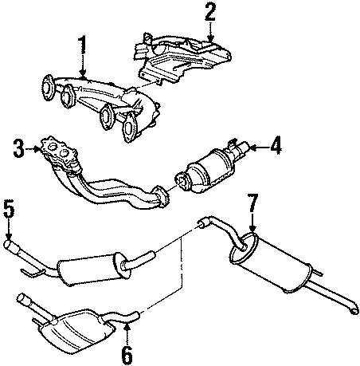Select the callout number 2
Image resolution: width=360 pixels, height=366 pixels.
point(209,11)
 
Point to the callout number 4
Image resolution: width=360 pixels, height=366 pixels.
point(276,145)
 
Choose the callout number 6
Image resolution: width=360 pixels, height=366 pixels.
point(126,352)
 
